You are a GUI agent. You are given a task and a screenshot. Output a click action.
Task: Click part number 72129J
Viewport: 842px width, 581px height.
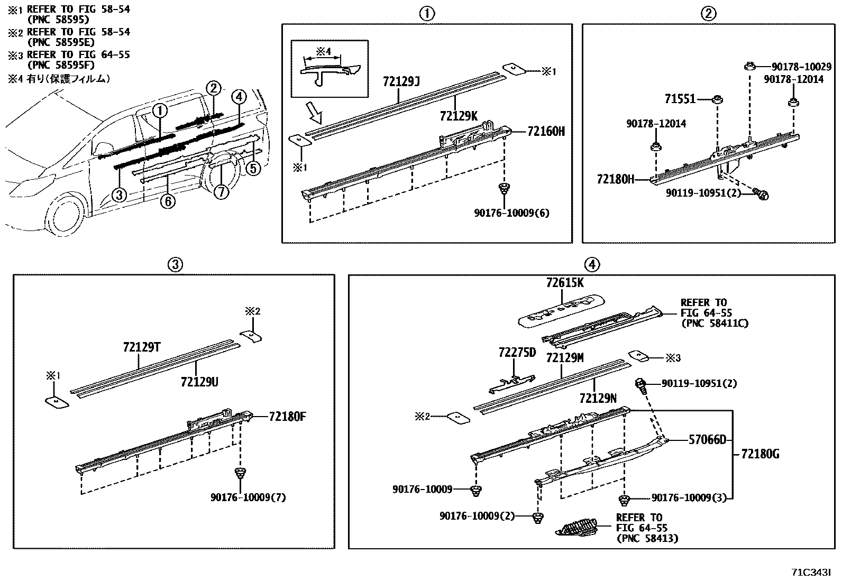pyautogui.click(x=401, y=82)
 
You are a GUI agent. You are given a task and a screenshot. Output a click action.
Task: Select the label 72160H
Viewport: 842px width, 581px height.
pyautogui.click(x=546, y=131)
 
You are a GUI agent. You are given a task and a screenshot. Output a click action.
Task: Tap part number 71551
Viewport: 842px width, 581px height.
pyautogui.click(x=680, y=99)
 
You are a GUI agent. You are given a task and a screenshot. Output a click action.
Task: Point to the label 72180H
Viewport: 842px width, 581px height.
pyautogui.click(x=615, y=179)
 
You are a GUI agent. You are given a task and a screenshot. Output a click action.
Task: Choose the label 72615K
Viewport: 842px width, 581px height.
pyautogui.click(x=564, y=283)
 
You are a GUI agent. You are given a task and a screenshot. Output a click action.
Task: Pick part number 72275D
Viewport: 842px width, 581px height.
pyautogui.click(x=517, y=352)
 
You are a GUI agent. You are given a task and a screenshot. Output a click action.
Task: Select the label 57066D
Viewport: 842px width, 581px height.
pyautogui.click(x=707, y=439)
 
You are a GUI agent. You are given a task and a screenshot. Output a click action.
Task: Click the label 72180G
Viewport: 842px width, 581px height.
pyautogui.click(x=759, y=454)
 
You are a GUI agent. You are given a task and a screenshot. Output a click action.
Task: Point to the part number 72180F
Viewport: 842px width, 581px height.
pyautogui.click(x=287, y=417)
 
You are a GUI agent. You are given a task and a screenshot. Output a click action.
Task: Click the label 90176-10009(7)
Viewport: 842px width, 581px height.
pyautogui.click(x=248, y=497)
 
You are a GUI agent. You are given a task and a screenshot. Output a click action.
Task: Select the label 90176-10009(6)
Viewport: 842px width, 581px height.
pyautogui.click(x=511, y=213)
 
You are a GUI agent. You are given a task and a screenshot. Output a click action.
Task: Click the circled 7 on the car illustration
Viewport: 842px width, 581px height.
pyautogui.click(x=222, y=191)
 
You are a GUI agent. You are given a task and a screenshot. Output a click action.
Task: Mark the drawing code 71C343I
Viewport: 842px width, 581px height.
pyautogui.click(x=811, y=573)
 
